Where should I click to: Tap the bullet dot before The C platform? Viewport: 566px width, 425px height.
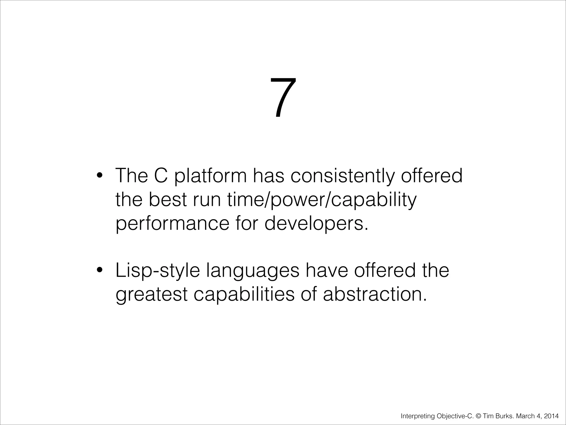[100, 176]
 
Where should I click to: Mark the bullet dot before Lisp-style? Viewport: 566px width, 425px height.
[100, 270]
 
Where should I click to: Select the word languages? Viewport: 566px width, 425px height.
[253, 271]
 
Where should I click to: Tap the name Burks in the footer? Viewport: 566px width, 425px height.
[502, 416]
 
